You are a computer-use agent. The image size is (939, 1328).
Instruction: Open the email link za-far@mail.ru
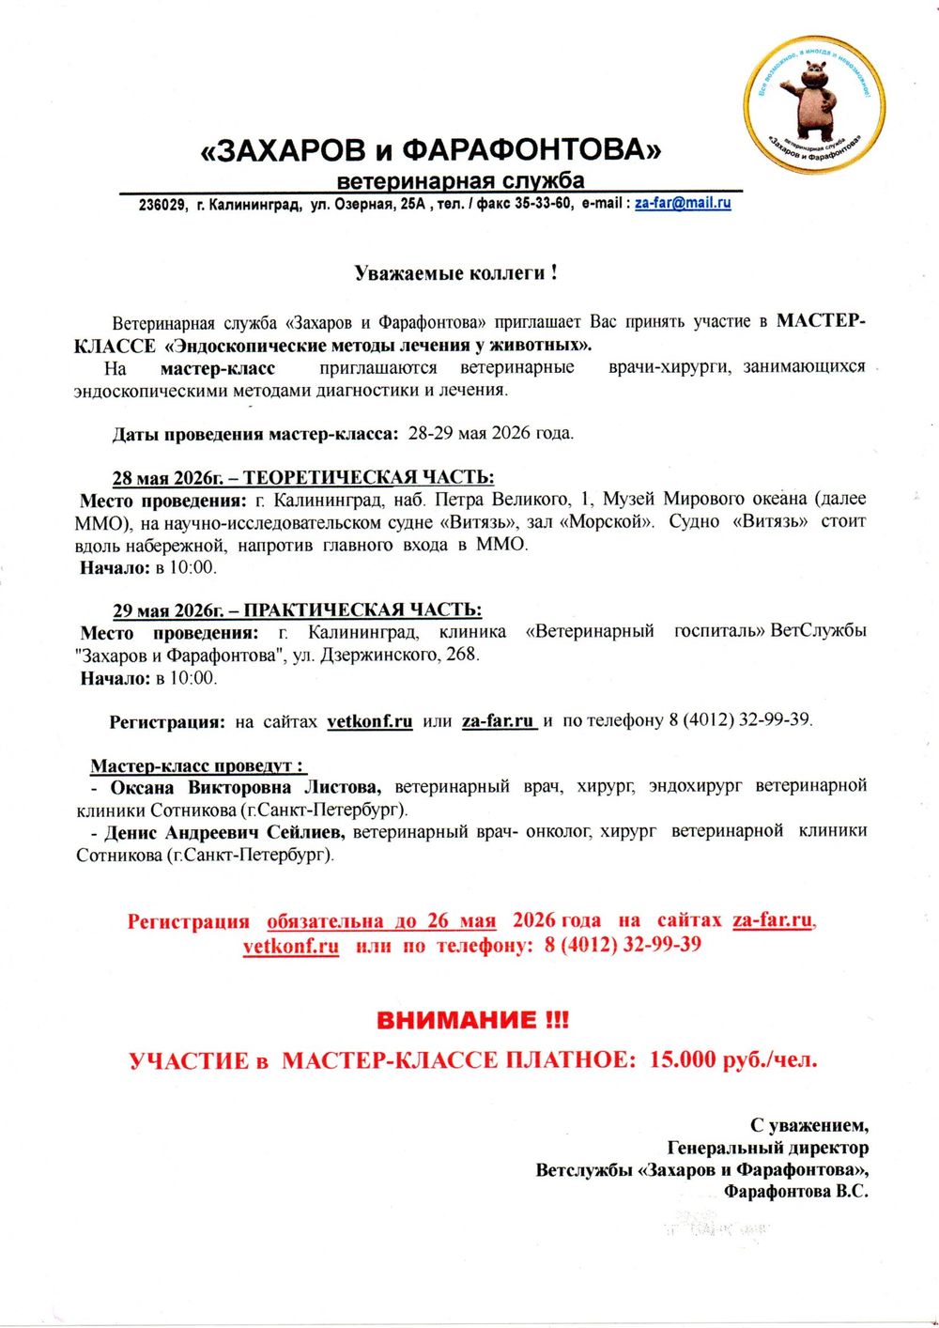(x=683, y=203)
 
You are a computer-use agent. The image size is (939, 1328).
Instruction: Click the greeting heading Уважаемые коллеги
(x=457, y=273)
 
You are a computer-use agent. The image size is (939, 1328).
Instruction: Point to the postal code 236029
(x=162, y=205)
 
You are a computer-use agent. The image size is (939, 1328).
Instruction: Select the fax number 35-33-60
(x=544, y=204)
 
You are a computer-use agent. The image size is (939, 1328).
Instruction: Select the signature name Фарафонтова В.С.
(x=795, y=1192)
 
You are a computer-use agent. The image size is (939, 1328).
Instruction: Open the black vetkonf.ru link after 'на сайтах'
(x=370, y=722)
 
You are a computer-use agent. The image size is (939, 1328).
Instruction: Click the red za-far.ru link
(x=773, y=920)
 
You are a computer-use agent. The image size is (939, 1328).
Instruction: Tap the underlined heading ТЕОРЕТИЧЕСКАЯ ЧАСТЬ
(x=368, y=477)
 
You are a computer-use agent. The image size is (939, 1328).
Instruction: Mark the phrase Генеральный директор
(x=767, y=1147)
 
